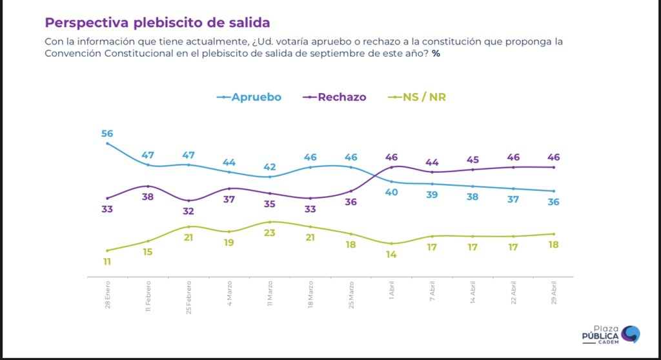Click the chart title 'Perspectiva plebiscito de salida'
tap(158, 23)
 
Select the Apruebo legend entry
tap(249, 97)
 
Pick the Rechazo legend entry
tap(335, 97)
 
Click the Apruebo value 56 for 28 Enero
tap(107, 134)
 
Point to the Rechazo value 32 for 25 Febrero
tap(188, 211)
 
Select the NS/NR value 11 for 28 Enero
tap(107, 261)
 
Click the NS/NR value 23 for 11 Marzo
tap(270, 233)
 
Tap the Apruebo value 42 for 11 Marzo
tap(270, 166)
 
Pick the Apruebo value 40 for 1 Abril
tap(392, 192)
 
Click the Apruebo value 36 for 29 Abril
tap(554, 202)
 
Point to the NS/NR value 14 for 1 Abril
tap(392, 254)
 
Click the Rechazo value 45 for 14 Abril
tap(473, 159)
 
